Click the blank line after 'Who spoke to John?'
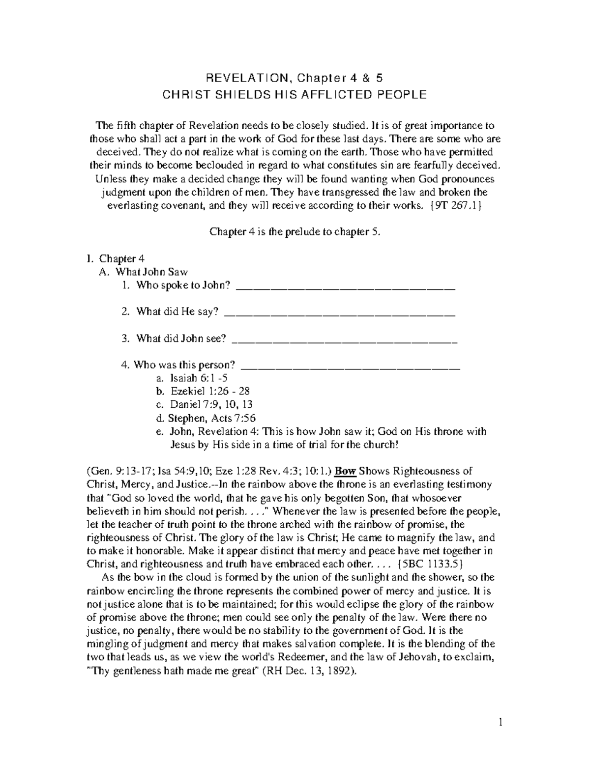click(346, 286)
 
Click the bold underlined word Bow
click(346, 471)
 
